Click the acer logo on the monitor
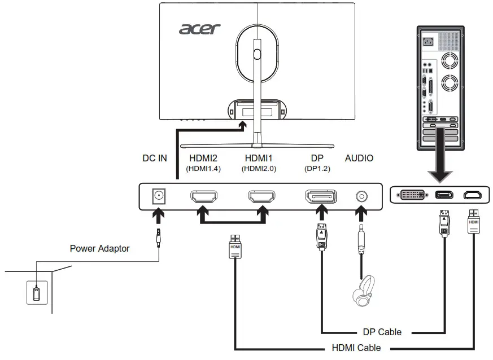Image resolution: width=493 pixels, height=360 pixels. tap(200, 28)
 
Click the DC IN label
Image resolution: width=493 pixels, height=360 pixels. tap(154, 159)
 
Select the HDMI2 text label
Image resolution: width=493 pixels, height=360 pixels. tap(203, 159)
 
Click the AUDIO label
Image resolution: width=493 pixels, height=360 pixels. tap(359, 159)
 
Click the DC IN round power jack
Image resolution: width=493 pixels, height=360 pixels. tap(159, 196)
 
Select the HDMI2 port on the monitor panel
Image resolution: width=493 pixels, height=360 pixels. tap(204, 196)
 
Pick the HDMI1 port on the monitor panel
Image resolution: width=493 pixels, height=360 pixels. tap(261, 196)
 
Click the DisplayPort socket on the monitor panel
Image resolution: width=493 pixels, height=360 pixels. tap(321, 196)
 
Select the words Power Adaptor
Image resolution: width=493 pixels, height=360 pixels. tap(99, 248)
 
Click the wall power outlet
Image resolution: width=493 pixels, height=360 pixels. tap(36, 293)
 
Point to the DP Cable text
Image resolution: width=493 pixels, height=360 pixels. tap(382, 332)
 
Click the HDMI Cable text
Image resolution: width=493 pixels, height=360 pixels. tap(357, 348)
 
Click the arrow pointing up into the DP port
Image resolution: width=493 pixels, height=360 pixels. tap(321, 214)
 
